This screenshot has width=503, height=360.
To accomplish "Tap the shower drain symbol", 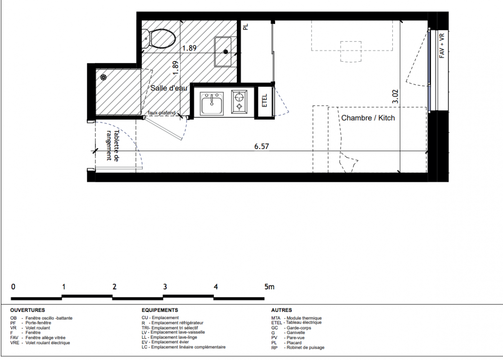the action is coord(103,77).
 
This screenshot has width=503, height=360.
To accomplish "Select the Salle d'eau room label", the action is coord(169,88).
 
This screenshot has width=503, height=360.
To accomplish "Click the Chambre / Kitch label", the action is coord(368,118).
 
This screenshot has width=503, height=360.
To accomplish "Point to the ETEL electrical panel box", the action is coord(265,100).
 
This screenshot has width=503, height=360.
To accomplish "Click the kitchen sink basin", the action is coord(212,103).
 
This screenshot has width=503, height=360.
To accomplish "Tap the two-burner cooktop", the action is coord(239,101).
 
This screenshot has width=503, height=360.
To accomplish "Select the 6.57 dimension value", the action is coord(262,147).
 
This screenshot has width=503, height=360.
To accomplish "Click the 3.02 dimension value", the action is coord(395,96).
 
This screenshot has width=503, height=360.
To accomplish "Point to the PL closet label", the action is coord(246,27).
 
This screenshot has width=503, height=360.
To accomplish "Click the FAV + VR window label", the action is coord(442,45).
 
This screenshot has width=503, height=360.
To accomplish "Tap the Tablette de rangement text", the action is coord(112,145).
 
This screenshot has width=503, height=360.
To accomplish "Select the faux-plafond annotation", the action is coord(162,113).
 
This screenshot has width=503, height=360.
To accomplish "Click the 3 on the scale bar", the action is coord(165,287).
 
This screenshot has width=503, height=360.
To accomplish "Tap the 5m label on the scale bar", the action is coord(269,287).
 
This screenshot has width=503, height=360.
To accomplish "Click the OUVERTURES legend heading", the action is coord(27,310).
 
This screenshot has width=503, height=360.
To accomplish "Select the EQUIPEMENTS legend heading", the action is coord(160,310).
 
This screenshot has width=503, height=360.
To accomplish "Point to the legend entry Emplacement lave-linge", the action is coord(174,337).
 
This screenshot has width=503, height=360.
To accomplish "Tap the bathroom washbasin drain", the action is coord(226,51).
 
